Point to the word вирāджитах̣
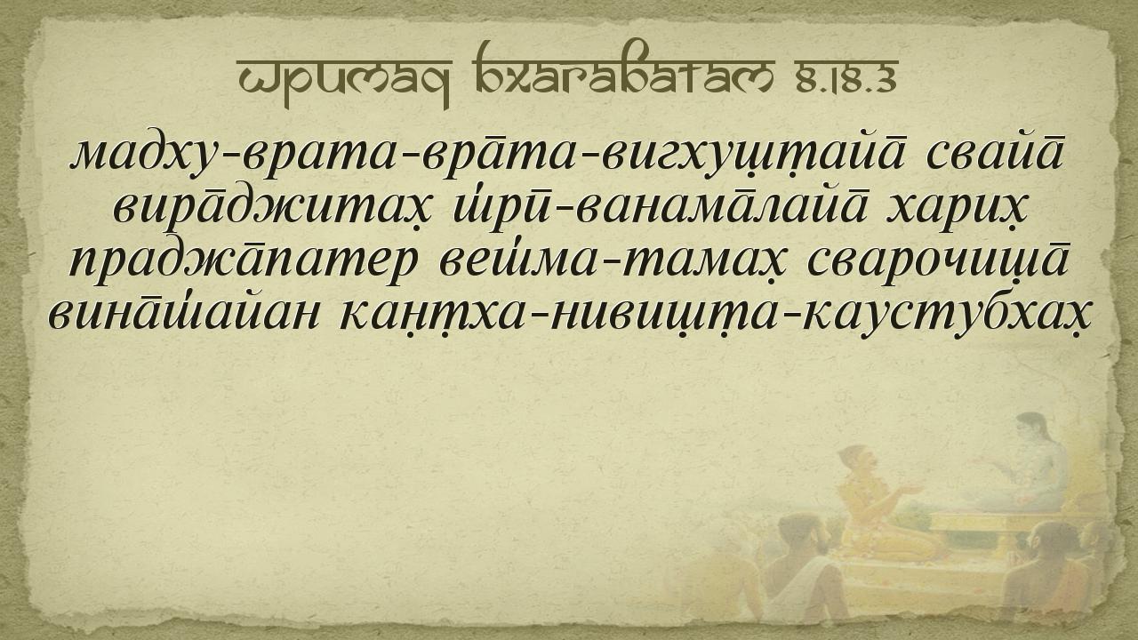(271, 210)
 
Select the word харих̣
(955, 211)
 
